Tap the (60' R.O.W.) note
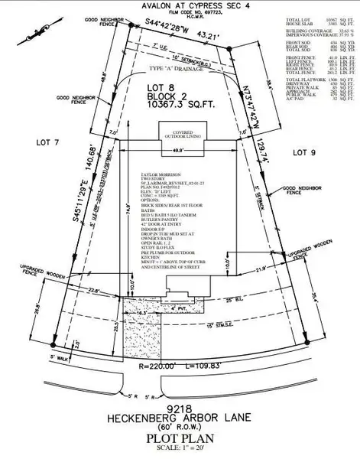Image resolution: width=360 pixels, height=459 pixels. pyautogui.click(x=180, y=426)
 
